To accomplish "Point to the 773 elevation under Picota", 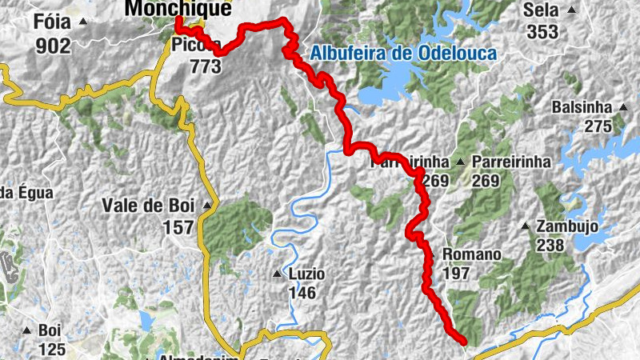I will tap(205, 66).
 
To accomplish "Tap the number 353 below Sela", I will tap(542, 32).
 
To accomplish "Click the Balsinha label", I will tap(582, 107).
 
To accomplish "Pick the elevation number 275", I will tap(597, 126).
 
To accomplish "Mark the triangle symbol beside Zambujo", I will tap(525, 226).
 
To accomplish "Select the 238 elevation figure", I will tap(550, 246).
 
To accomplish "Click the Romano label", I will tap(471, 254).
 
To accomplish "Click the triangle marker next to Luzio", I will tap(277, 274).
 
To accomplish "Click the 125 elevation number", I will tap(52, 350).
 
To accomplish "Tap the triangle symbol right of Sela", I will tap(571, 10).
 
